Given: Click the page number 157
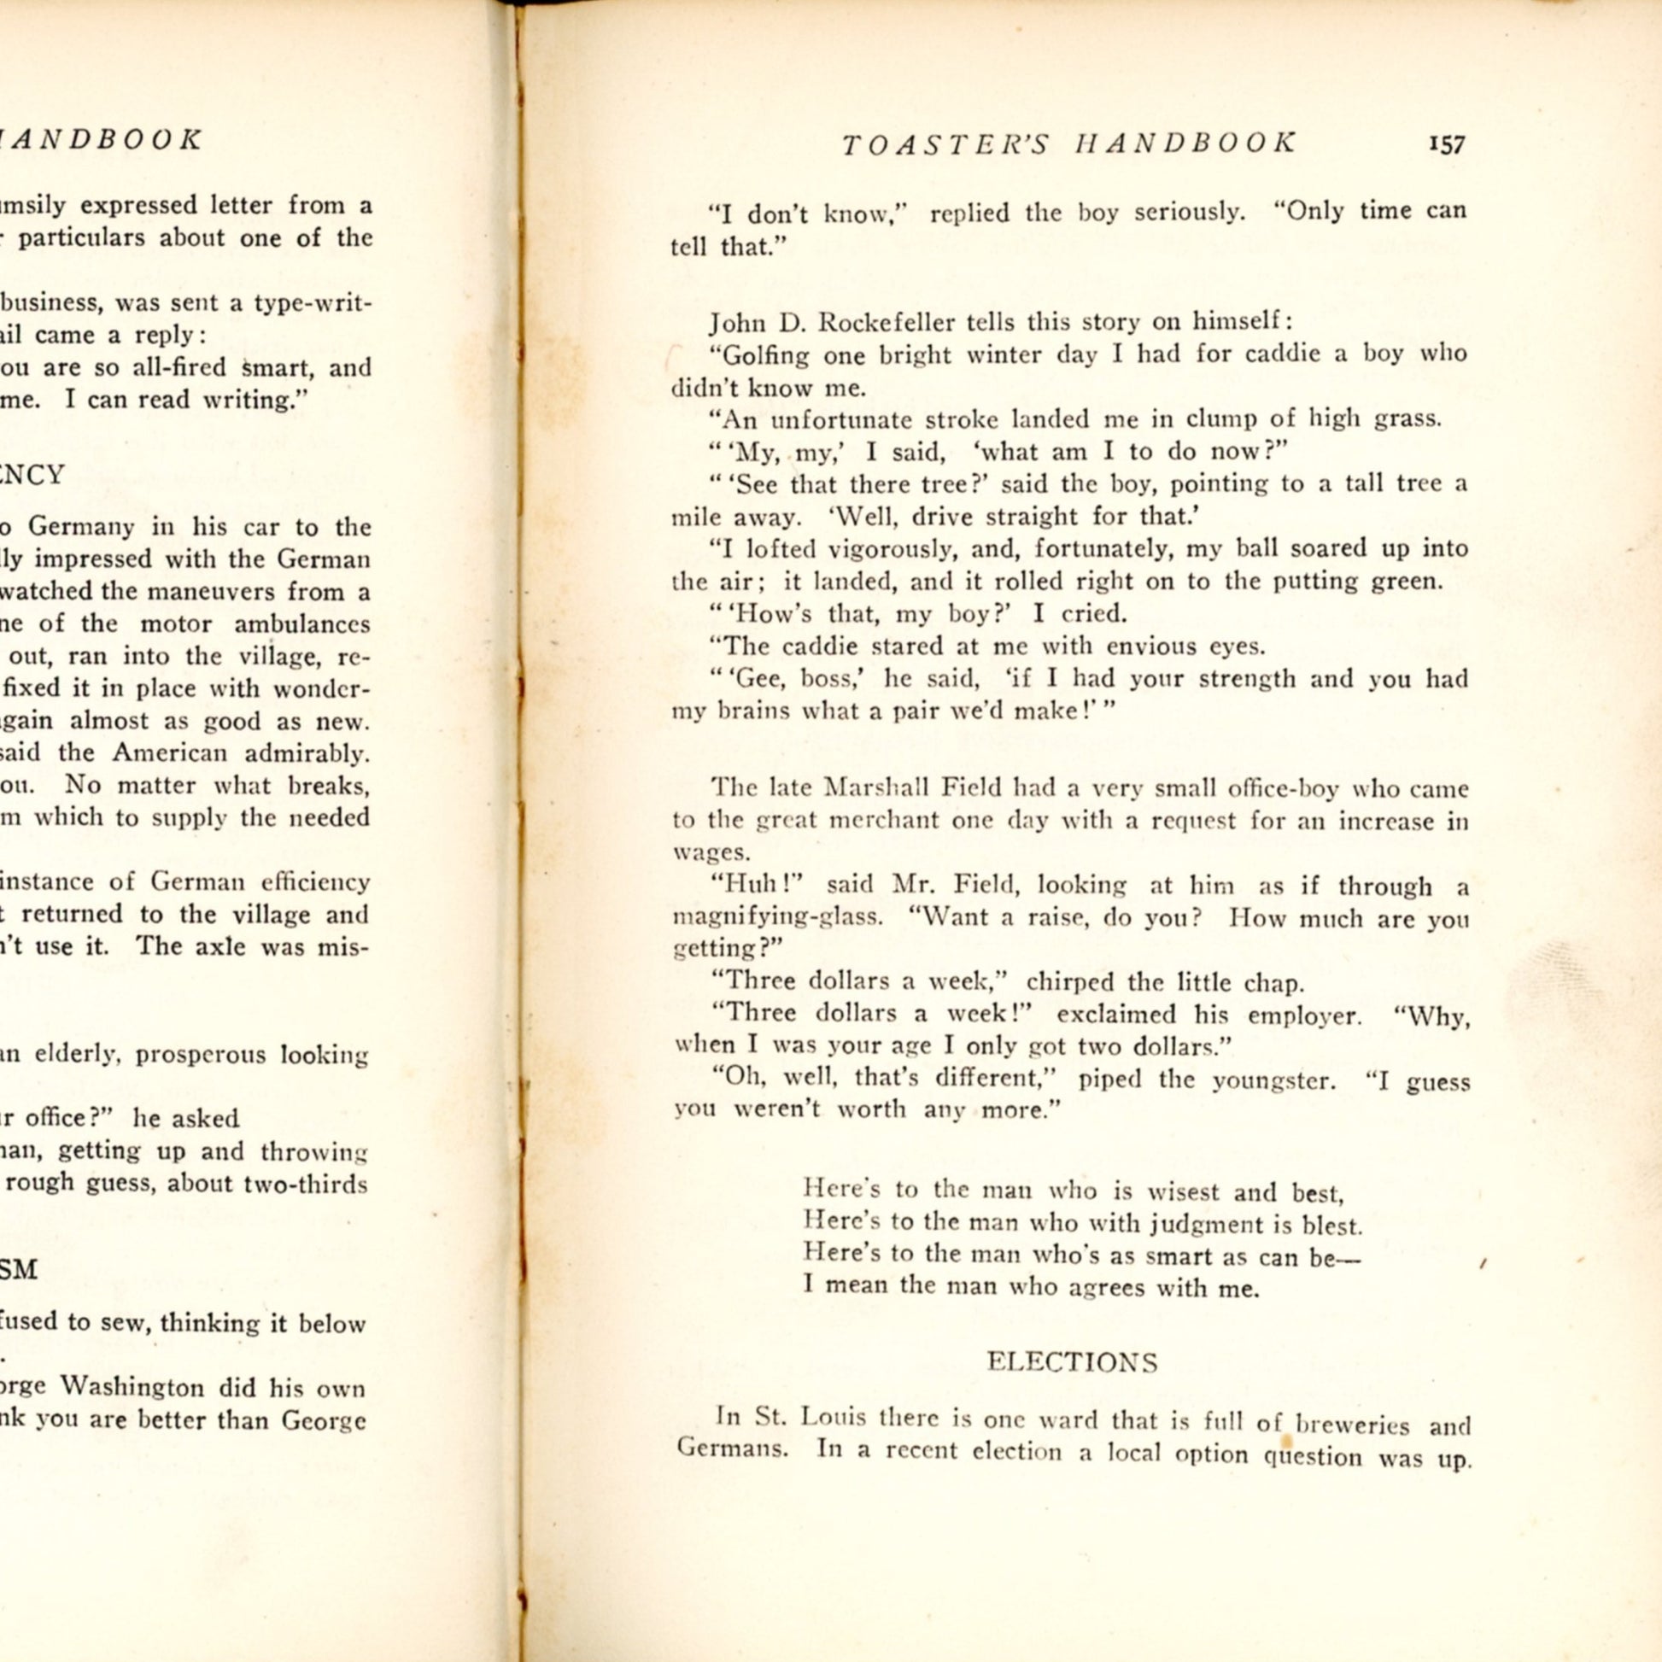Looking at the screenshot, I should pos(1446,144).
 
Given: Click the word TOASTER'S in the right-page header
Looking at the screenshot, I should pos(945,144).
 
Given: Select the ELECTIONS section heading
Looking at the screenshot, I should pos(1071,1361).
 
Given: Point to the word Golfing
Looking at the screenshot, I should pos(765,355).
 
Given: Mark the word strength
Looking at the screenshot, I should pos(1236,679).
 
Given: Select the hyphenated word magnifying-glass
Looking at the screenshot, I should pos(777,917).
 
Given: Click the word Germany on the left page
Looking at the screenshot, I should pos(82,526).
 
